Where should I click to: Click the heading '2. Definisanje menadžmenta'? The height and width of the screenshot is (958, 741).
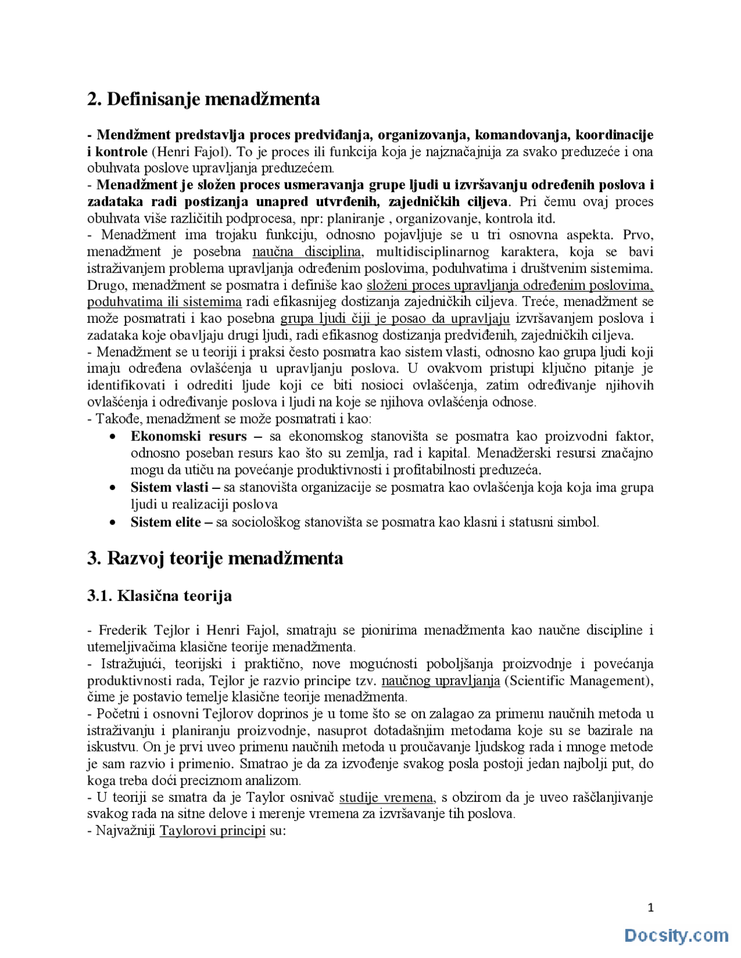click(x=203, y=99)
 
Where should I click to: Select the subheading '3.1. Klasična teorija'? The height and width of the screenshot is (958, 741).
click(x=159, y=596)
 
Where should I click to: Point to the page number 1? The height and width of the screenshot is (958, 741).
click(x=651, y=908)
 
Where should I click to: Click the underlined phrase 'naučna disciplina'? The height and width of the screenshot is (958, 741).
click(x=307, y=252)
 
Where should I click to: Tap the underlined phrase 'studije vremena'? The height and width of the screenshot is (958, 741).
click(x=386, y=798)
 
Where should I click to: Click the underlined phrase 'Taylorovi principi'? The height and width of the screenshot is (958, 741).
click(x=212, y=831)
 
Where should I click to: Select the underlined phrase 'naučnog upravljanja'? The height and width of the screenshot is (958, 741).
click(x=441, y=681)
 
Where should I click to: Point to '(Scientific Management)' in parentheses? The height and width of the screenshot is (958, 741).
click(x=578, y=681)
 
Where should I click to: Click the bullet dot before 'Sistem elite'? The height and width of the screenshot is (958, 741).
click(x=112, y=523)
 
